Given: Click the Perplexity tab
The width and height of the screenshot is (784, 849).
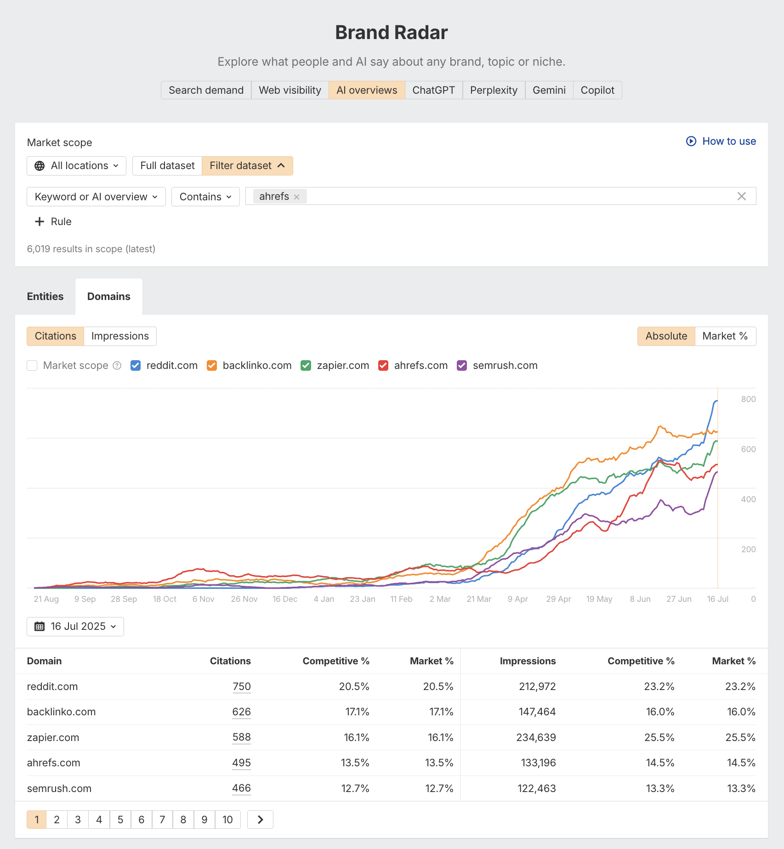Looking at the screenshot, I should coord(494,90).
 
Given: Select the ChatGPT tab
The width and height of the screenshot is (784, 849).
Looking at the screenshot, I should coord(433,90).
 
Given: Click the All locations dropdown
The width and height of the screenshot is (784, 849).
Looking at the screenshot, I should coord(76,166).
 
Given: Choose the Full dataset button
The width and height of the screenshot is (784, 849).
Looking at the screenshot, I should coord(167,166).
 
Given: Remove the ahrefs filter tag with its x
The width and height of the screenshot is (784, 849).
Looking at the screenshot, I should coord(297,197).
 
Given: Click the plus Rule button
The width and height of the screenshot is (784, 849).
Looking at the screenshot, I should coord(53,221).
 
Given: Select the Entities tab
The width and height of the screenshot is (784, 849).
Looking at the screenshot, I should coord(45,296).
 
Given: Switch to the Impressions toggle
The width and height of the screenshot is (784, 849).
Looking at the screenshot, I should coord(120,336).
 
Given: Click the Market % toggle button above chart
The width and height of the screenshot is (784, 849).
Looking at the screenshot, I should coord(725,336).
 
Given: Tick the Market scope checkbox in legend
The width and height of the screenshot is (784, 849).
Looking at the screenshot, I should coord(32,366).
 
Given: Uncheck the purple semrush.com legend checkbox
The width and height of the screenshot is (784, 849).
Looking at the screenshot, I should coord(462,366).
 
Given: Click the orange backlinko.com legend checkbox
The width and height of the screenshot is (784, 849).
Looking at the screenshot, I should coord(212,366).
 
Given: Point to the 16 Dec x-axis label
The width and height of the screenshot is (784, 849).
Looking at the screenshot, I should coord(284,599).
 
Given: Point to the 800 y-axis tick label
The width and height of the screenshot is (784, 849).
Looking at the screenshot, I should coord(748,399).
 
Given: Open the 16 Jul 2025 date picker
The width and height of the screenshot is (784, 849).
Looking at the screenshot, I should coord(75,627).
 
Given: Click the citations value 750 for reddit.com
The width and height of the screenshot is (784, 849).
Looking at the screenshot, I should coord(241,686).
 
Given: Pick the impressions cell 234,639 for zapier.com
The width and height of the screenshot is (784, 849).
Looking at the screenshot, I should coord(536,737).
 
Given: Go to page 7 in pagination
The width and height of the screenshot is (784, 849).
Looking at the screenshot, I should coord(162,820).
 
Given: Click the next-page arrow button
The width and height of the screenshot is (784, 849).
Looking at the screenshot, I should coord(260,820).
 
